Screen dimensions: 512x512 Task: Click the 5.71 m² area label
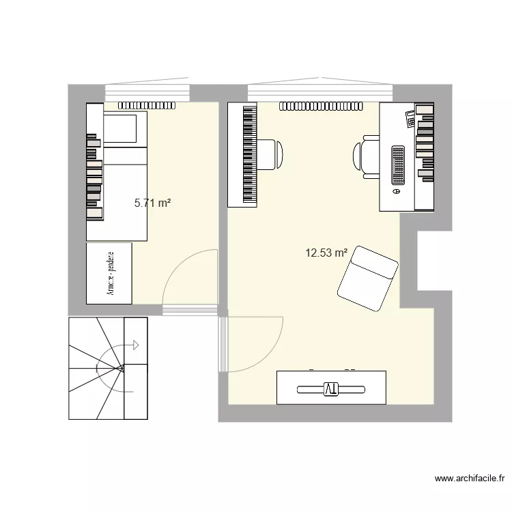tap(152, 203)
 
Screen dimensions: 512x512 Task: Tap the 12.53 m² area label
tap(326, 254)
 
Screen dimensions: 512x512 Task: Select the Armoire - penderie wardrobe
tap(109, 272)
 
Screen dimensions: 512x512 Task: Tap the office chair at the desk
tap(367, 157)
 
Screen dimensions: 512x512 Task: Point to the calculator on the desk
tap(410, 118)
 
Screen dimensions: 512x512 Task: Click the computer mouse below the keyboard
tap(396, 193)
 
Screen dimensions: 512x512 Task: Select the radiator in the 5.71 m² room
tap(148, 106)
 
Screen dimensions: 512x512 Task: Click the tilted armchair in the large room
tap(367, 279)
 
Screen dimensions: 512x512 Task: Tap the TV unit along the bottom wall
tap(331, 388)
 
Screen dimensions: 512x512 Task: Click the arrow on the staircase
tap(135, 345)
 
